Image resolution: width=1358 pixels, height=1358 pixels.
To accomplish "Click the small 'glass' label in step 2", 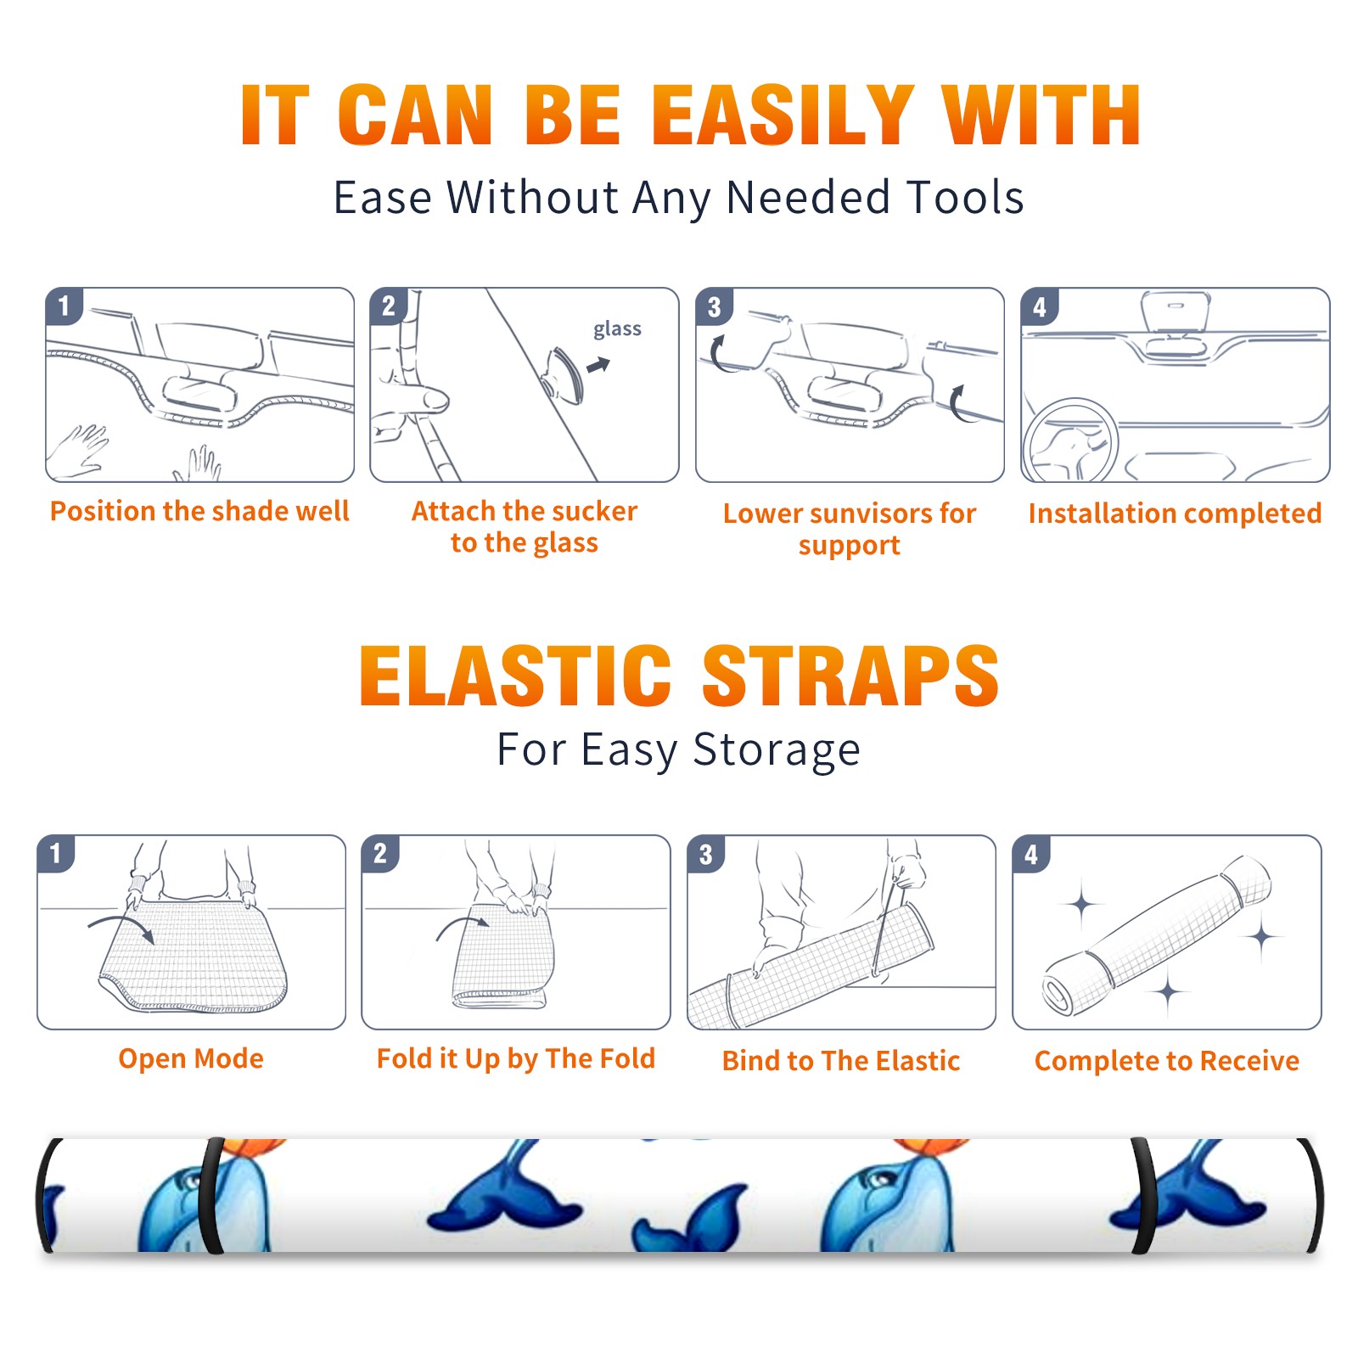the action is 617,329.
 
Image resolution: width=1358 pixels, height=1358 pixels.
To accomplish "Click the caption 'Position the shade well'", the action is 199,511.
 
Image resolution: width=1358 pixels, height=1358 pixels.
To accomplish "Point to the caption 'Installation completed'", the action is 1175,513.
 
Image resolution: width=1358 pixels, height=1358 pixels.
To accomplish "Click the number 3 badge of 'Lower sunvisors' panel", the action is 715,306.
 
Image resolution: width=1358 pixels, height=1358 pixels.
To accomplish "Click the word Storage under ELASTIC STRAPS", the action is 777,750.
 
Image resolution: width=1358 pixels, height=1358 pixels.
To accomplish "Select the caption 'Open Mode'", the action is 191,1058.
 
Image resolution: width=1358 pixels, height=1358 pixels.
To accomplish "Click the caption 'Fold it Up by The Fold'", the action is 516,1058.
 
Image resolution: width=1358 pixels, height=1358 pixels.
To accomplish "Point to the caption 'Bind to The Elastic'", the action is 841,1061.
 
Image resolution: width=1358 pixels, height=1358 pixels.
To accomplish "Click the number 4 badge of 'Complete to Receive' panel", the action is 1031,854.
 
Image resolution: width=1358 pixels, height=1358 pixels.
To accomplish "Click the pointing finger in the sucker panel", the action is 416,399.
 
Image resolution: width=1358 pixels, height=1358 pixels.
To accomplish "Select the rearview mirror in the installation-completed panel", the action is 1176,312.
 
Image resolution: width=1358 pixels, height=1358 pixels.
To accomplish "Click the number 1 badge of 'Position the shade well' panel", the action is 64,306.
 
